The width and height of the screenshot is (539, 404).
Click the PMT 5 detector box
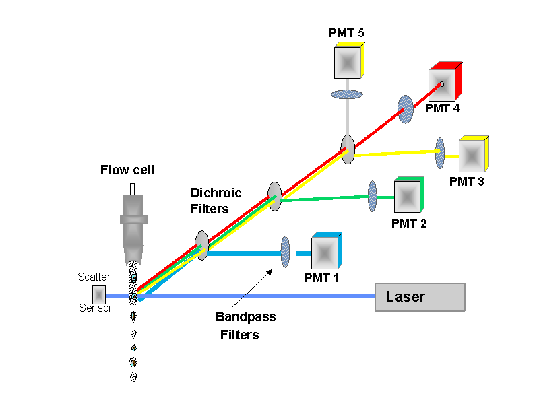tap(348, 62)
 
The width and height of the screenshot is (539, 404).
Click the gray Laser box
tap(420, 297)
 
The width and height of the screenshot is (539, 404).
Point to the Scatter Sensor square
tap(99, 295)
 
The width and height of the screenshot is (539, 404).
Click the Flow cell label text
tap(127, 170)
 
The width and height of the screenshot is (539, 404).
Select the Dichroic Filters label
tap(215, 201)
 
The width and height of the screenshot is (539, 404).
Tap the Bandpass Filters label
tap(245, 325)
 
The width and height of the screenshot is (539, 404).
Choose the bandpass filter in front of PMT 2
tap(372, 197)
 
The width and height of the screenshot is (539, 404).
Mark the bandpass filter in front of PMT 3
tap(440, 154)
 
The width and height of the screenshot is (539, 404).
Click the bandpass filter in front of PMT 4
tap(406, 109)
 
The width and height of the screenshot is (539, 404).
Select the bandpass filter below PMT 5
tap(347, 94)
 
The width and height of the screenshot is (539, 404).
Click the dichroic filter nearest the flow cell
tap(201, 245)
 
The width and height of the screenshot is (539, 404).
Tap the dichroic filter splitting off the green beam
tap(274, 195)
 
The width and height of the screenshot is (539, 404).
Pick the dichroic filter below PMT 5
tap(347, 149)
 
